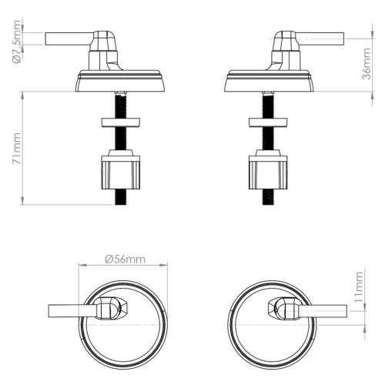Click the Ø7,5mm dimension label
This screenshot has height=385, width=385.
click(17, 42)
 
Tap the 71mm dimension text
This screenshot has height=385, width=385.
click(17, 149)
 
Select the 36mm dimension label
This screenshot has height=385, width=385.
click(366, 64)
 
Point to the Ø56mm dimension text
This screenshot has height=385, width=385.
click(125, 259)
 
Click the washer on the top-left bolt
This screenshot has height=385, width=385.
click(121, 122)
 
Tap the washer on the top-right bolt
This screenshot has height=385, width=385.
click(268, 122)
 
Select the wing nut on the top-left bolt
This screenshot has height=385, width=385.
click(121, 169)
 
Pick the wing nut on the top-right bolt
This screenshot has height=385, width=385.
click(268, 169)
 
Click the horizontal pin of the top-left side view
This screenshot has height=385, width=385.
click(69, 38)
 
